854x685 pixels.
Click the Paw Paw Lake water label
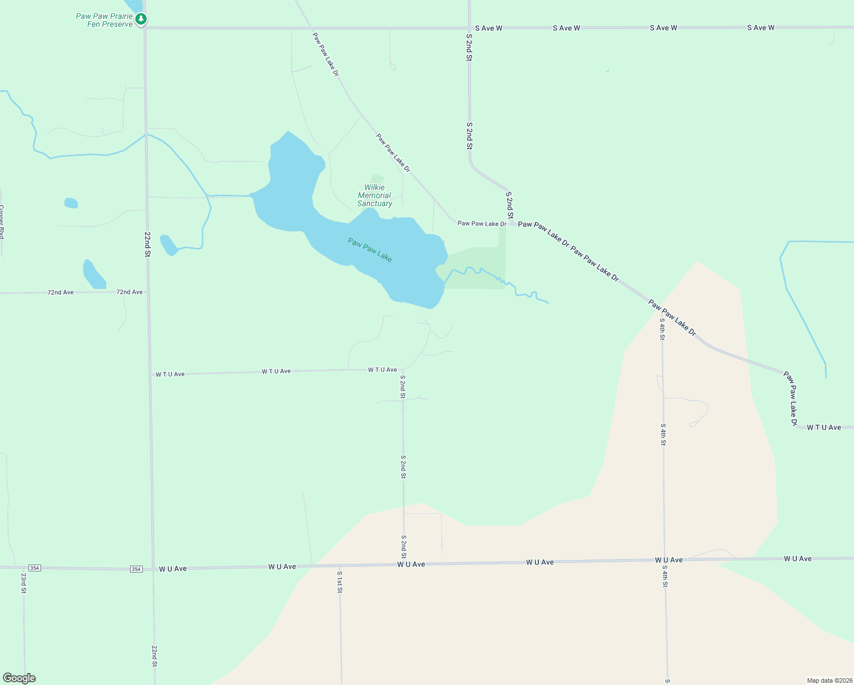pyautogui.click(x=370, y=250)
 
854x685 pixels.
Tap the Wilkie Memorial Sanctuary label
pyautogui.click(x=374, y=195)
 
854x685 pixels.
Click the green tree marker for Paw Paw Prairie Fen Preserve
pyautogui.click(x=141, y=19)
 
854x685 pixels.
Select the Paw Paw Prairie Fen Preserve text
pyautogui.click(x=104, y=20)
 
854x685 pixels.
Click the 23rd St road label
pyautogui.click(x=24, y=583)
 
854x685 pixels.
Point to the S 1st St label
pyautogui.click(x=340, y=582)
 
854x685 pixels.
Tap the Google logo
pyautogui.click(x=19, y=678)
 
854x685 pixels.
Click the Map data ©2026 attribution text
pyautogui.click(x=829, y=680)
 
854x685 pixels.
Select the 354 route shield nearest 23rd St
pyautogui.click(x=35, y=568)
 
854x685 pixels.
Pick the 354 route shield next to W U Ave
pyautogui.click(x=136, y=569)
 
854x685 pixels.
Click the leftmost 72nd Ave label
pyautogui.click(x=61, y=292)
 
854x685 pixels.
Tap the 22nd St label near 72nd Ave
pyautogui.click(x=147, y=244)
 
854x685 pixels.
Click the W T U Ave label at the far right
pyautogui.click(x=824, y=428)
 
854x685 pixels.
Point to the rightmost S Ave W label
pyautogui.click(x=761, y=28)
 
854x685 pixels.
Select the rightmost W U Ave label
pyautogui.click(x=797, y=559)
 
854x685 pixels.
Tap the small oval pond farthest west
pyautogui.click(x=71, y=203)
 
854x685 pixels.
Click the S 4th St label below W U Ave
pyautogui.click(x=665, y=576)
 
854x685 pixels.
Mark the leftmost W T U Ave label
pyautogui.click(x=170, y=374)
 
